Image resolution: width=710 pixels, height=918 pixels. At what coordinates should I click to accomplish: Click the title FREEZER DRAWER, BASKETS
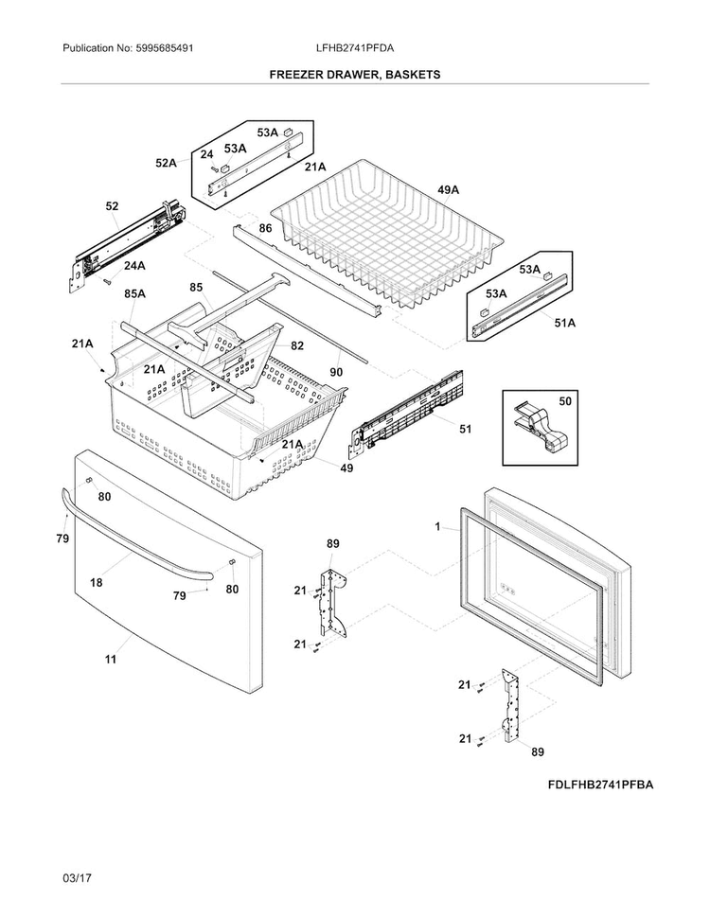coord(354,75)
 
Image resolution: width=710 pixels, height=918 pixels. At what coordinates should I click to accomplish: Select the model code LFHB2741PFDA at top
coord(354,48)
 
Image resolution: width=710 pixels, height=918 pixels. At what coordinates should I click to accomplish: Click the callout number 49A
coord(448,189)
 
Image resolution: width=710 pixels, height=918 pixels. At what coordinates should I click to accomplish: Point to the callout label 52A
coord(166,163)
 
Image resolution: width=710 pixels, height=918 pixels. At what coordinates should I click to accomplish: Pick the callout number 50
coord(565,401)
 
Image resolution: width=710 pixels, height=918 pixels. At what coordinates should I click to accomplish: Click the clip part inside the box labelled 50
coord(538,428)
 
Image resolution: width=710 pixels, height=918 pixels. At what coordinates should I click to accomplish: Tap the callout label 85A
coord(134,293)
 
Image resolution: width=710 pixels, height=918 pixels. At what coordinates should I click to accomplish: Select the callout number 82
coord(297,345)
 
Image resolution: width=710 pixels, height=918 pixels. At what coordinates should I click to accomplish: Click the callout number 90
coord(336,372)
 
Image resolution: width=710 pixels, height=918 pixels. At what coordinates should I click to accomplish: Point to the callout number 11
coord(111,660)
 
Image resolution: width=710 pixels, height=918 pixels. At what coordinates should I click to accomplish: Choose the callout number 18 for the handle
coord(96,582)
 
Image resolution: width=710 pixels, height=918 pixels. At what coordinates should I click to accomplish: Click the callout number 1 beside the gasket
coord(437,527)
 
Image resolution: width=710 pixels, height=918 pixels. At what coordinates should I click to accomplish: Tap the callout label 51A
coord(565,323)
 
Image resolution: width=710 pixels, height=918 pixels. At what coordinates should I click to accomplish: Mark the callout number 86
coord(265,228)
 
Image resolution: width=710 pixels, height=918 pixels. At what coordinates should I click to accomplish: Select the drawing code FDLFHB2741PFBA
coord(600,785)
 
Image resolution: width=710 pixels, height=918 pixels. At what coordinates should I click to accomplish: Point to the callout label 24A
coord(134,266)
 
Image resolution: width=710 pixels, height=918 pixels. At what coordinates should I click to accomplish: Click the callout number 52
coord(112,206)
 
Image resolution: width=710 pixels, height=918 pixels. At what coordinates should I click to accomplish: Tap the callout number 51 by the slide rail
coord(465,429)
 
